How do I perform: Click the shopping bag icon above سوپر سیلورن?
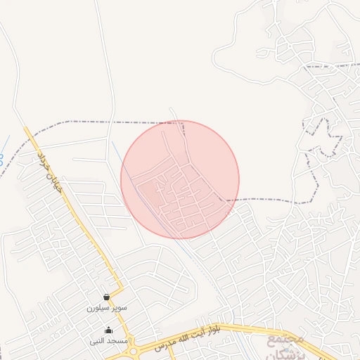pyautogui.click(x=106, y=297)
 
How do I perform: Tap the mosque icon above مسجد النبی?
pyautogui.click(x=108, y=330)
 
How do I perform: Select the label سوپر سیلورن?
pyautogui.click(x=108, y=308)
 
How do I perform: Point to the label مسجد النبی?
pyautogui.click(x=108, y=341)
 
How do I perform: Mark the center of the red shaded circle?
pyautogui.click(x=180, y=179)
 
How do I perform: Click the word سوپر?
pyautogui.click(x=118, y=308)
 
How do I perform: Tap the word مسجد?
pyautogui.click(x=117, y=341)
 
